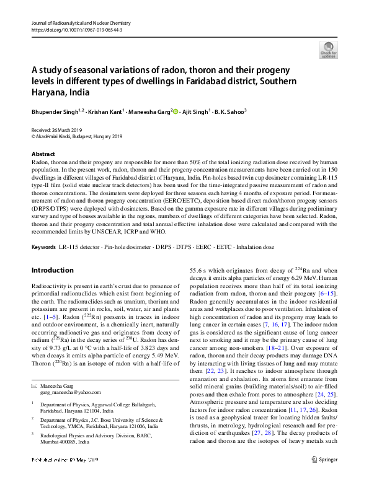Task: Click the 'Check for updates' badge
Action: (329, 49)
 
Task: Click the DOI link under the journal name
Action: (76, 30)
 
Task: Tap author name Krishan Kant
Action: (104, 112)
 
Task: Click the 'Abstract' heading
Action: (43, 154)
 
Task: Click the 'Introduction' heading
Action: (52, 271)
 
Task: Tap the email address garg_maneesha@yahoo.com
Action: (70, 392)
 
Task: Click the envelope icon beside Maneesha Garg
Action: (34, 386)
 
